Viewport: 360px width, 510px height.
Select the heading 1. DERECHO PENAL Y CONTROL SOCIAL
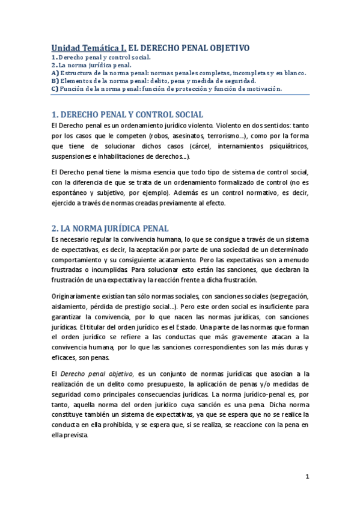click(127, 114)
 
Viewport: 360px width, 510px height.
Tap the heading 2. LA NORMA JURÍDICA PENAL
click(110, 229)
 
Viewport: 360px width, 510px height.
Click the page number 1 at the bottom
click(307, 477)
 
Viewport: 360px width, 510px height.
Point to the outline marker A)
click(55, 72)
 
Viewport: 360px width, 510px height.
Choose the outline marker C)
click(55, 88)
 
